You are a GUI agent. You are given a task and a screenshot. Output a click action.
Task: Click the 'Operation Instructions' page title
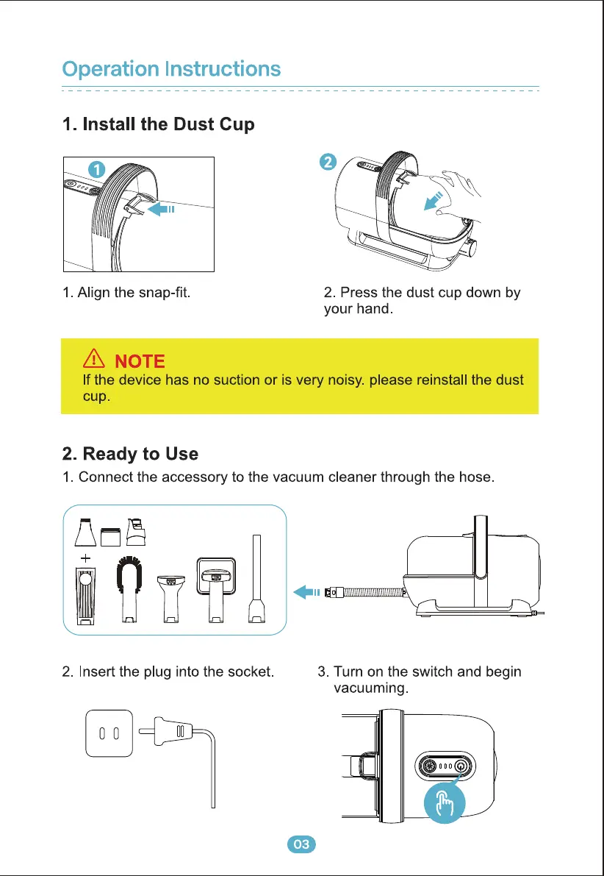point(171,69)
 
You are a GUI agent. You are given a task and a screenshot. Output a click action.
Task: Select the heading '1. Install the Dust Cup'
point(158,124)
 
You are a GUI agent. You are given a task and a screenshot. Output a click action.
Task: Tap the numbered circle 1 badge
point(96,168)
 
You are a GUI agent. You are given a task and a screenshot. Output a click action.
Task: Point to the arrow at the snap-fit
point(161,209)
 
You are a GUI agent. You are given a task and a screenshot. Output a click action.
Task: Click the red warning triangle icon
point(93,359)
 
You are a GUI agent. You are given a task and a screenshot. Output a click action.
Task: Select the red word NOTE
point(140,361)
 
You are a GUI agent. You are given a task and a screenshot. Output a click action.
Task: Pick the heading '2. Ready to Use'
point(130,453)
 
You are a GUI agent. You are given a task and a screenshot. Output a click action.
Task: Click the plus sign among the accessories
point(85,557)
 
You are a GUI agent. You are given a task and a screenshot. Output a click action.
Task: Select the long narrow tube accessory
point(256,580)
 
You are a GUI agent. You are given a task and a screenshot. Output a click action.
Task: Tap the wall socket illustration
point(109,733)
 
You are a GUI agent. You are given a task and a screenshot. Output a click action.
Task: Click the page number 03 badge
point(301,844)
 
